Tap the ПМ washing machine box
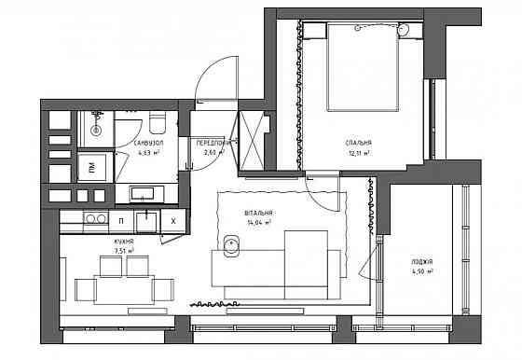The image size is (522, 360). tap(90, 168)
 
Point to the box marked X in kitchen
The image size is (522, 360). tap(174, 221)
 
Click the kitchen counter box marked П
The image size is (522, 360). tap(123, 221)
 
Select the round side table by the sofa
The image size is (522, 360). tap(231, 245)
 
